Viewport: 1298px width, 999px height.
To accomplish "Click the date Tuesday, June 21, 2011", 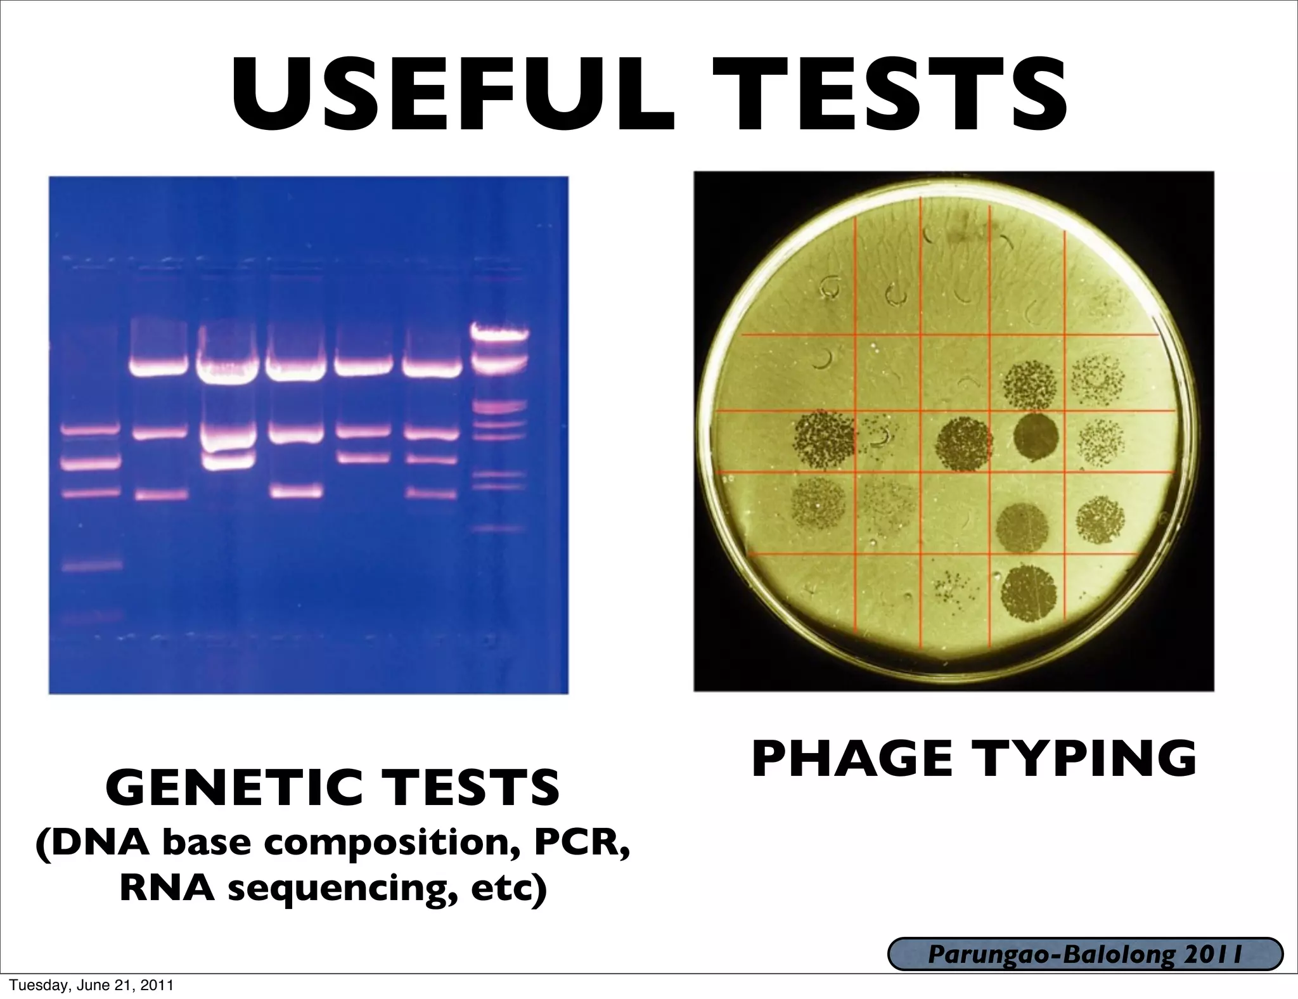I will pos(87,985).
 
